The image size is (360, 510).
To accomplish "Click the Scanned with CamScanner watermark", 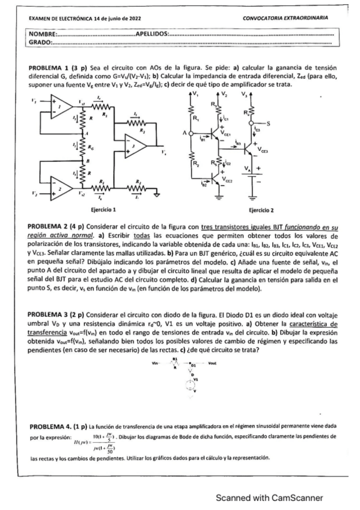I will pos(270,497).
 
